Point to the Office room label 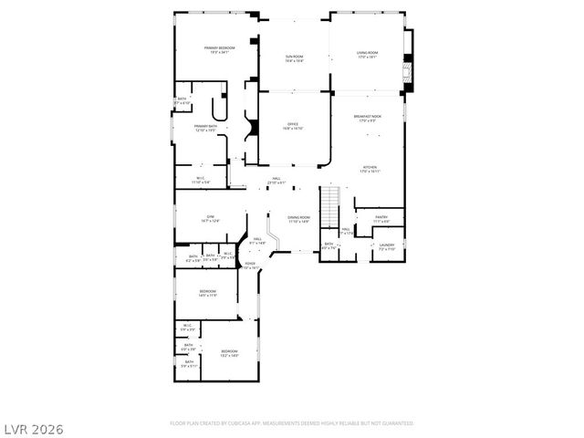pyautogui.click(x=293, y=126)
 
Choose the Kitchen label pyautogui.click(x=370, y=169)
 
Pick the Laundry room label pyautogui.click(x=386, y=245)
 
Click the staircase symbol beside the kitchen pyautogui.click(x=329, y=200)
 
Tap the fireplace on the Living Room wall pyautogui.click(x=409, y=66)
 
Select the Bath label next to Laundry pyautogui.click(x=329, y=245)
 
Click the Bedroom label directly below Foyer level pyautogui.click(x=207, y=292)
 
